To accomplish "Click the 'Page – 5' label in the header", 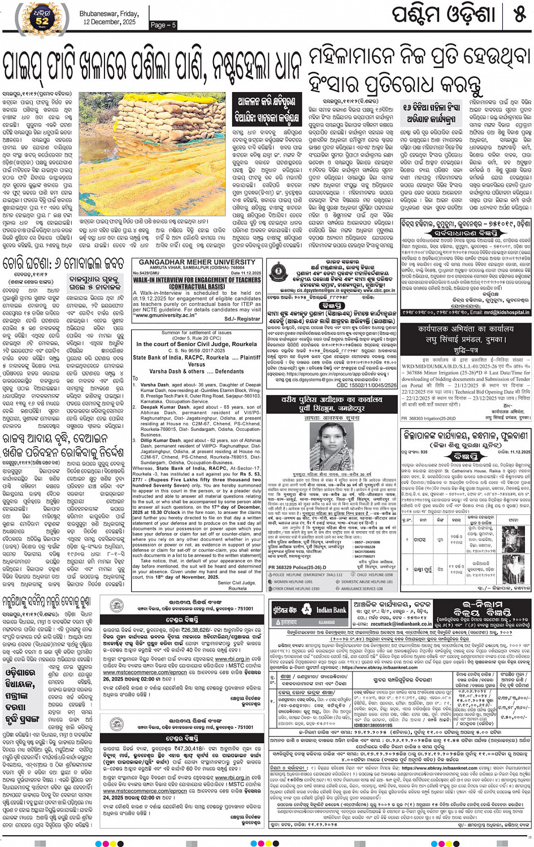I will point(163,25).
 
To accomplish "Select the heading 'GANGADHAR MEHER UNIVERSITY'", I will point(197,263).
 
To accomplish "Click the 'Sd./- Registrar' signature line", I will point(242,318).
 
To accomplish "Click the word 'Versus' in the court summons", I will point(196,364).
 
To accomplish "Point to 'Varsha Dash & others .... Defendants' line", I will point(196,371).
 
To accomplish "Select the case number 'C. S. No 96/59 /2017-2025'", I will point(196,351).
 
